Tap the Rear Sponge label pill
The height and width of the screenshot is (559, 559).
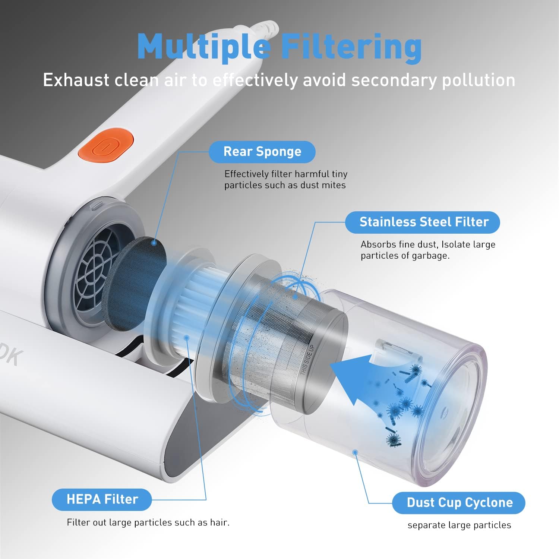(x=262, y=152)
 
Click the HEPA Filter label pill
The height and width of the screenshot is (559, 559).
(x=102, y=499)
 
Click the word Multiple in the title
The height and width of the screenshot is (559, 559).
(x=204, y=47)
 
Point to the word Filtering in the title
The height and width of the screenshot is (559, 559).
(x=351, y=48)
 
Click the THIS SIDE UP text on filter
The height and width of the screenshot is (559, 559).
(x=308, y=360)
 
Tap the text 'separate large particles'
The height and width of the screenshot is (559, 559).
(x=459, y=525)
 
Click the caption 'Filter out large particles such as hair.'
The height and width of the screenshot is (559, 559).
(x=148, y=522)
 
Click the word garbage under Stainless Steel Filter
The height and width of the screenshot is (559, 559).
(x=430, y=256)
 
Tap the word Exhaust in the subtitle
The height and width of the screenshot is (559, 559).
(x=76, y=80)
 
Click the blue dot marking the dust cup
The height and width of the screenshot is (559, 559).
(x=355, y=452)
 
